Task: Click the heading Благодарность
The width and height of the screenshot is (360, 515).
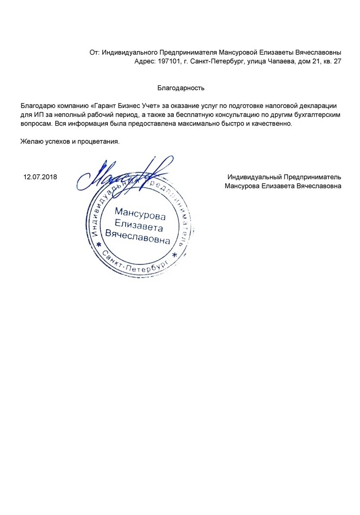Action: pyautogui.click(x=181, y=88)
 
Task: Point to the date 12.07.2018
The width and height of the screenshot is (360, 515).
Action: pyautogui.click(x=40, y=177)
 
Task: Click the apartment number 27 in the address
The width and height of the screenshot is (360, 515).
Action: pyautogui.click(x=337, y=62)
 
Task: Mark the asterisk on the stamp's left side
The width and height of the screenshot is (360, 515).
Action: pyautogui.click(x=99, y=245)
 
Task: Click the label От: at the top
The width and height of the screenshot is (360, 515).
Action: pyautogui.click(x=94, y=53)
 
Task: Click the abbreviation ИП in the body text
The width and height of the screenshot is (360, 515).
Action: pyautogui.click(x=38, y=115)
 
